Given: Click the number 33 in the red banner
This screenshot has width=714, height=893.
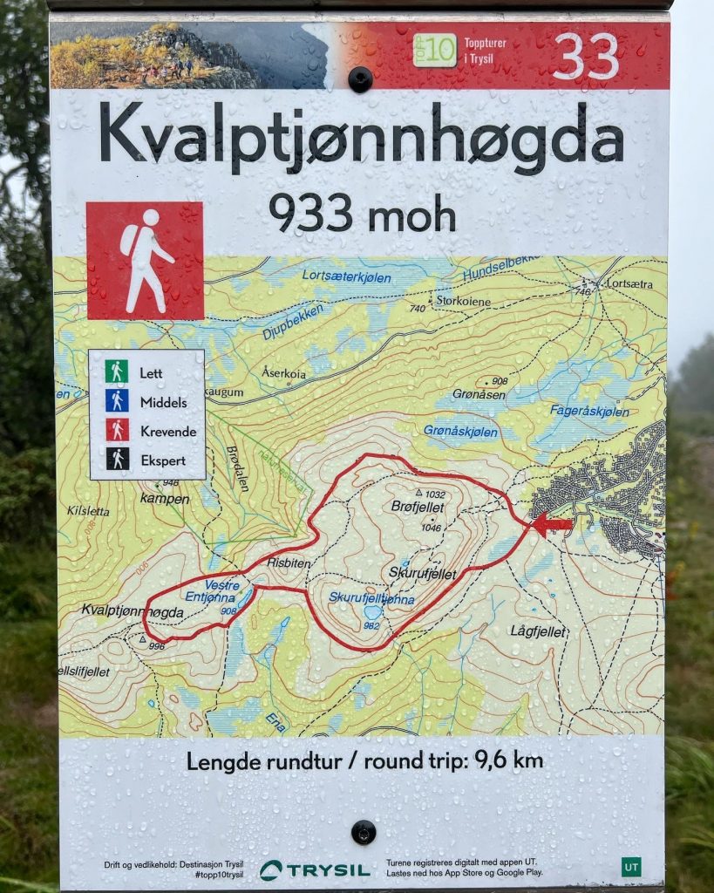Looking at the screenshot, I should (x=585, y=57).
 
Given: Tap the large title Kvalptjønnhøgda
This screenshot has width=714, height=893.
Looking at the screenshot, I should (x=361, y=140).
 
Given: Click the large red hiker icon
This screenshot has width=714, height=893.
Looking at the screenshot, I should (x=145, y=261).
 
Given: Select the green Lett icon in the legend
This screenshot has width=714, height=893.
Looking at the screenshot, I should (x=117, y=372).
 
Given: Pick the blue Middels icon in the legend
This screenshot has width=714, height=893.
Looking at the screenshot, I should (x=117, y=401).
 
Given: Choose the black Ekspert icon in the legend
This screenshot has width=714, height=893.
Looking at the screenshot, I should (x=117, y=459).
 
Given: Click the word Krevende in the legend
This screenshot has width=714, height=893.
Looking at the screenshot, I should (x=168, y=431).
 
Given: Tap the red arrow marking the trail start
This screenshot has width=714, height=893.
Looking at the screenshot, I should (x=553, y=524).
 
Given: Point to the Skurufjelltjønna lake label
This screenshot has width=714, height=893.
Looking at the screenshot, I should (x=371, y=598).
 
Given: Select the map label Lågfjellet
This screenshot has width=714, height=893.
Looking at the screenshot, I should (x=538, y=630).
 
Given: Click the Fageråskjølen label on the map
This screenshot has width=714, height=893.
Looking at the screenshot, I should (x=588, y=411).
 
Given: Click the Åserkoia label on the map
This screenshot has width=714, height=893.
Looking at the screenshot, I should (x=283, y=372).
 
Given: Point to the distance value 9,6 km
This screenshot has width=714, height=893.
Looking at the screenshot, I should (x=508, y=760).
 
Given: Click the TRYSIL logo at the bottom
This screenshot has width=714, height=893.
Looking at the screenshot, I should (x=315, y=869).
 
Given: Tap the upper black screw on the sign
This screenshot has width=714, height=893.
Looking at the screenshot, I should (x=360, y=79).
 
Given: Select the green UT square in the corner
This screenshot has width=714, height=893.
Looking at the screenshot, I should (x=630, y=867).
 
